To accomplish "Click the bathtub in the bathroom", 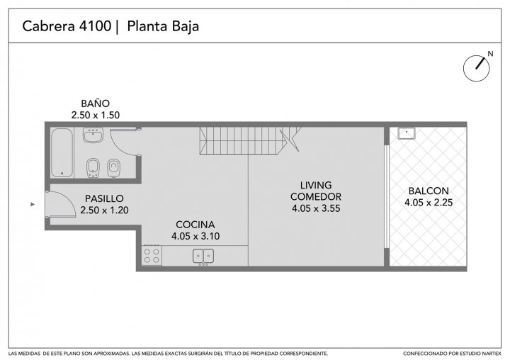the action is point(62,152).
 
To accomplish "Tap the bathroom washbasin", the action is point(93,135).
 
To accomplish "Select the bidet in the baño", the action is point(93,168).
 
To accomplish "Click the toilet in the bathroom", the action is point(113,168).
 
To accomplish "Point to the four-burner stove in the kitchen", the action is point(152,255).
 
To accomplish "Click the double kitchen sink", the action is point(203,256).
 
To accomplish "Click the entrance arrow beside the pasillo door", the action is point(33,204).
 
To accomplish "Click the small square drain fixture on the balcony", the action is point(407,133).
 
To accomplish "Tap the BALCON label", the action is point(429,191).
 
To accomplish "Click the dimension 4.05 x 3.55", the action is point(316,208).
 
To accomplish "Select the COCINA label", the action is point(195,225).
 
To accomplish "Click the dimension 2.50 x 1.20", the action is point(104,210).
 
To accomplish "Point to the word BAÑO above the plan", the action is point(96,103).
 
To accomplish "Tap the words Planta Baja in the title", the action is point(163,26).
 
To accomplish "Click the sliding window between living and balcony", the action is point(387,196).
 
